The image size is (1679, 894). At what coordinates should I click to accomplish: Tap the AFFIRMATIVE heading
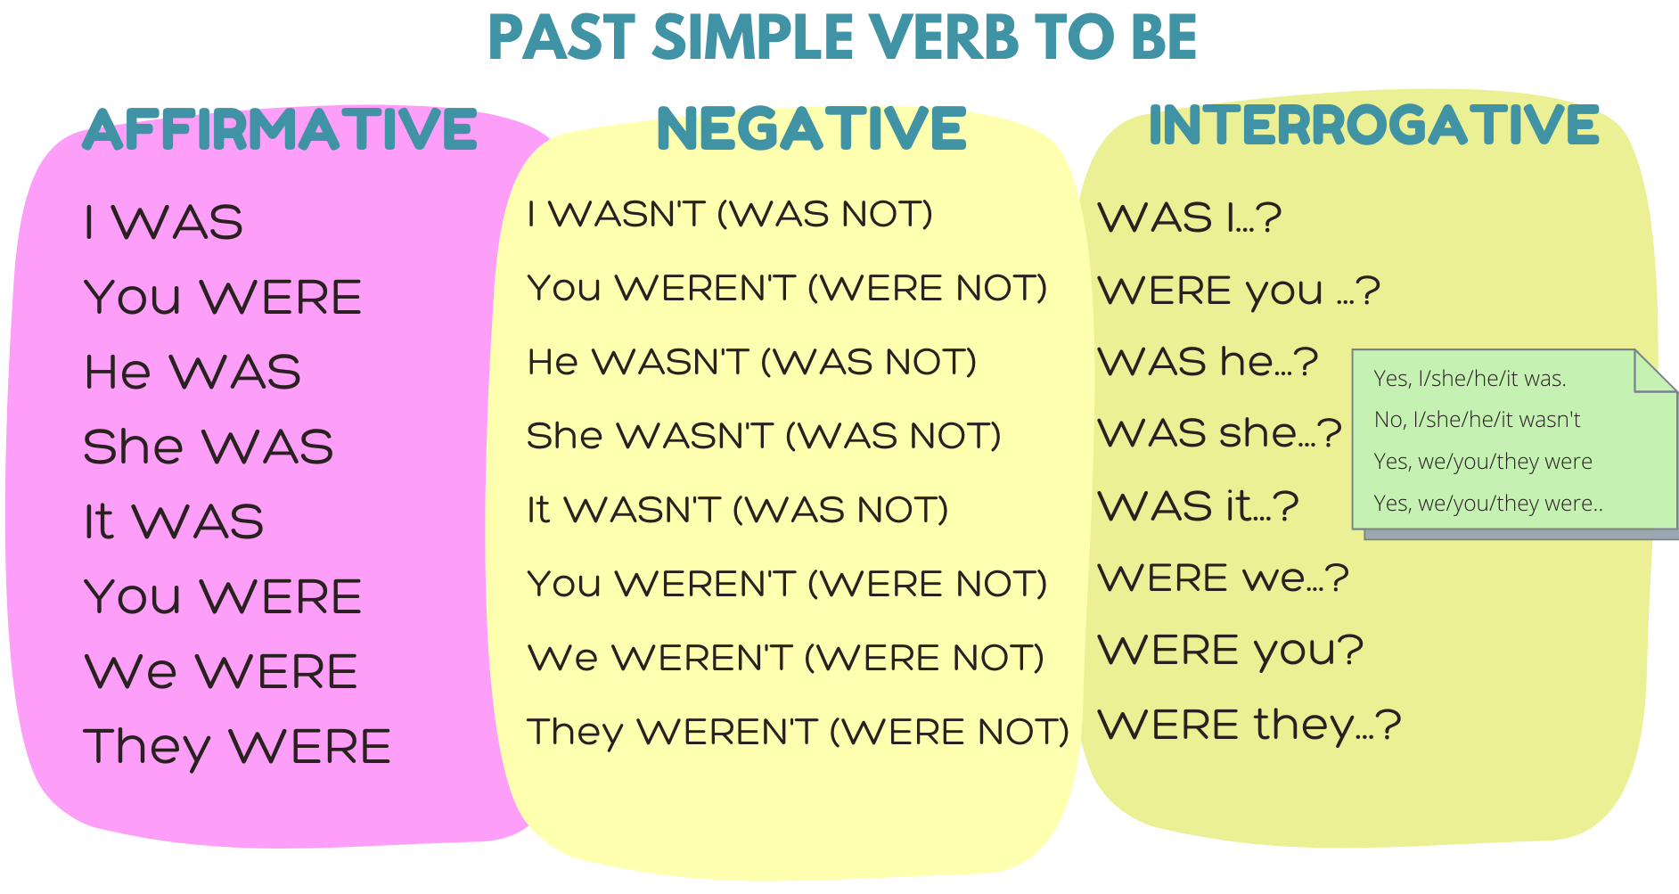281,129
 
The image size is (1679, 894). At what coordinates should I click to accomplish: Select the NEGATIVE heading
811,128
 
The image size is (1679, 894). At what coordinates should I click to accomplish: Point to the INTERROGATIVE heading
1373,124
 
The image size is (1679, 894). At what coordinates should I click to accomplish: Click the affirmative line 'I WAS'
163,222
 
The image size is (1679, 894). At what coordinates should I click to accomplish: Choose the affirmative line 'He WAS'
192,372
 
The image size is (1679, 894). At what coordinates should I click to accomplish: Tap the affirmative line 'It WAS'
174,521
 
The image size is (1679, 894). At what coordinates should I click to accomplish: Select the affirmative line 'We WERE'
221,671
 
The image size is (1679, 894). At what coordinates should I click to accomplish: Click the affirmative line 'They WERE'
237,747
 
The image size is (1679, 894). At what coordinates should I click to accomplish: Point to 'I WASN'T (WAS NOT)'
730,214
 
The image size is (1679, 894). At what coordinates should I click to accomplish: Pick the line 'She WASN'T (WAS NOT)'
764,436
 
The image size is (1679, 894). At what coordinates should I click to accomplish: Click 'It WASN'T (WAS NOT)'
738,510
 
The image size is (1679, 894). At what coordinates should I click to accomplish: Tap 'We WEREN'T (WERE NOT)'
785,658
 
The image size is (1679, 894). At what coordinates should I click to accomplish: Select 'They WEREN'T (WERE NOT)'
798,732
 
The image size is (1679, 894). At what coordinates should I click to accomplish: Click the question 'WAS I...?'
1190,217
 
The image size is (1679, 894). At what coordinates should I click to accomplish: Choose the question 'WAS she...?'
1220,433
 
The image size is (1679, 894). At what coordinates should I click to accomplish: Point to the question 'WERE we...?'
1224,578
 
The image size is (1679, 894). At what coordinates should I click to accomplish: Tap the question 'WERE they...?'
1249,725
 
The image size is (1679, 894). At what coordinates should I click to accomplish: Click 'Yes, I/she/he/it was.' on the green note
1470,379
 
